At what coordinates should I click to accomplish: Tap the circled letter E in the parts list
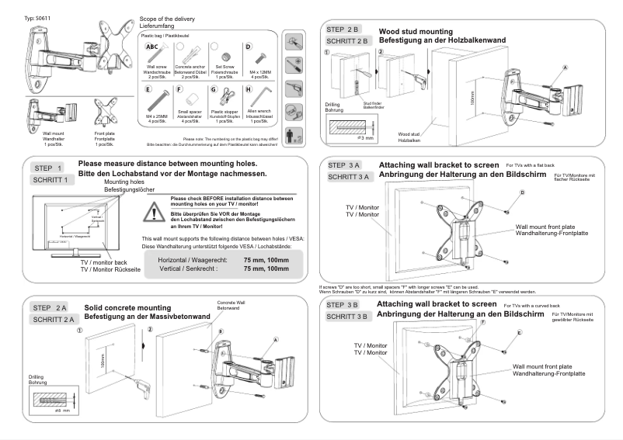[x=148, y=90]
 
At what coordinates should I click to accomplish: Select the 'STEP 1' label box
[x=50, y=168]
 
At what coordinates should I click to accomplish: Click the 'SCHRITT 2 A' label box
[x=53, y=319]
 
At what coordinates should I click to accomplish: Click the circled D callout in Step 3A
[x=522, y=192]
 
